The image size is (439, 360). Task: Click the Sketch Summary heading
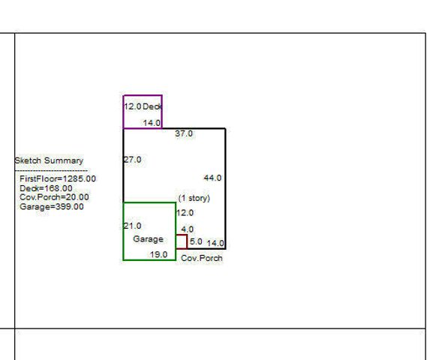coord(49,160)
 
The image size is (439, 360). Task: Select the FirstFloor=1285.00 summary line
coord(58,178)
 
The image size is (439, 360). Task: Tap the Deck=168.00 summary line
coord(46,188)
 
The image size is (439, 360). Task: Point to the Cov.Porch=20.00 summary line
coord(54,197)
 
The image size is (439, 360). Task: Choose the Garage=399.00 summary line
coord(52,207)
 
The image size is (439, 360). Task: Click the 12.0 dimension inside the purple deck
coord(133,106)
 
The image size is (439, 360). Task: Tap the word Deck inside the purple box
coord(152,106)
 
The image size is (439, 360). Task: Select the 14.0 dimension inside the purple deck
coord(152,123)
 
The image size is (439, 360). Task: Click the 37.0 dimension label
coord(184,133)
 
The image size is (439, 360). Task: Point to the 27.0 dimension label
coord(133,160)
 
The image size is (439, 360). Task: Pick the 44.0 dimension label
coord(213,178)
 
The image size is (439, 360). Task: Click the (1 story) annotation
coord(194,198)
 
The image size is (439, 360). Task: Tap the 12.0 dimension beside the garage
coord(185,213)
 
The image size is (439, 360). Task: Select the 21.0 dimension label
coord(133,226)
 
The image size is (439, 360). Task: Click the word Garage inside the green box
coord(148,239)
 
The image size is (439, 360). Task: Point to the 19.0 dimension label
coord(159,254)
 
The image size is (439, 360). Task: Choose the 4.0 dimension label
coord(188,229)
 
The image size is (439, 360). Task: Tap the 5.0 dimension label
coord(196,241)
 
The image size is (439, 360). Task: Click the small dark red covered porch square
coord(187,241)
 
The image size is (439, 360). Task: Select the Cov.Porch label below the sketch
coord(202,258)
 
